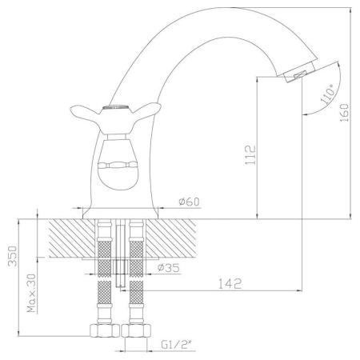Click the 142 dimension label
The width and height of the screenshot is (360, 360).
coord(230,284)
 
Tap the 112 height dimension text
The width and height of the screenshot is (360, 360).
coord(250,155)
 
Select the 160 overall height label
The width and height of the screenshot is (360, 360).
coord(344,113)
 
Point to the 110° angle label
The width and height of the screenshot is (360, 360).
coord(327,94)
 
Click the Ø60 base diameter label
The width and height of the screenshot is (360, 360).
coord(189,202)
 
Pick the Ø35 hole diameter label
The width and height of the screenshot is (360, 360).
coord(168,267)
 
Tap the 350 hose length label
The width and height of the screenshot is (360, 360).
coord(13,256)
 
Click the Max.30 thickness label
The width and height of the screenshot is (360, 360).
coord(31,294)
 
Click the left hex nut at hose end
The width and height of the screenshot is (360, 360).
coord(104,330)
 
